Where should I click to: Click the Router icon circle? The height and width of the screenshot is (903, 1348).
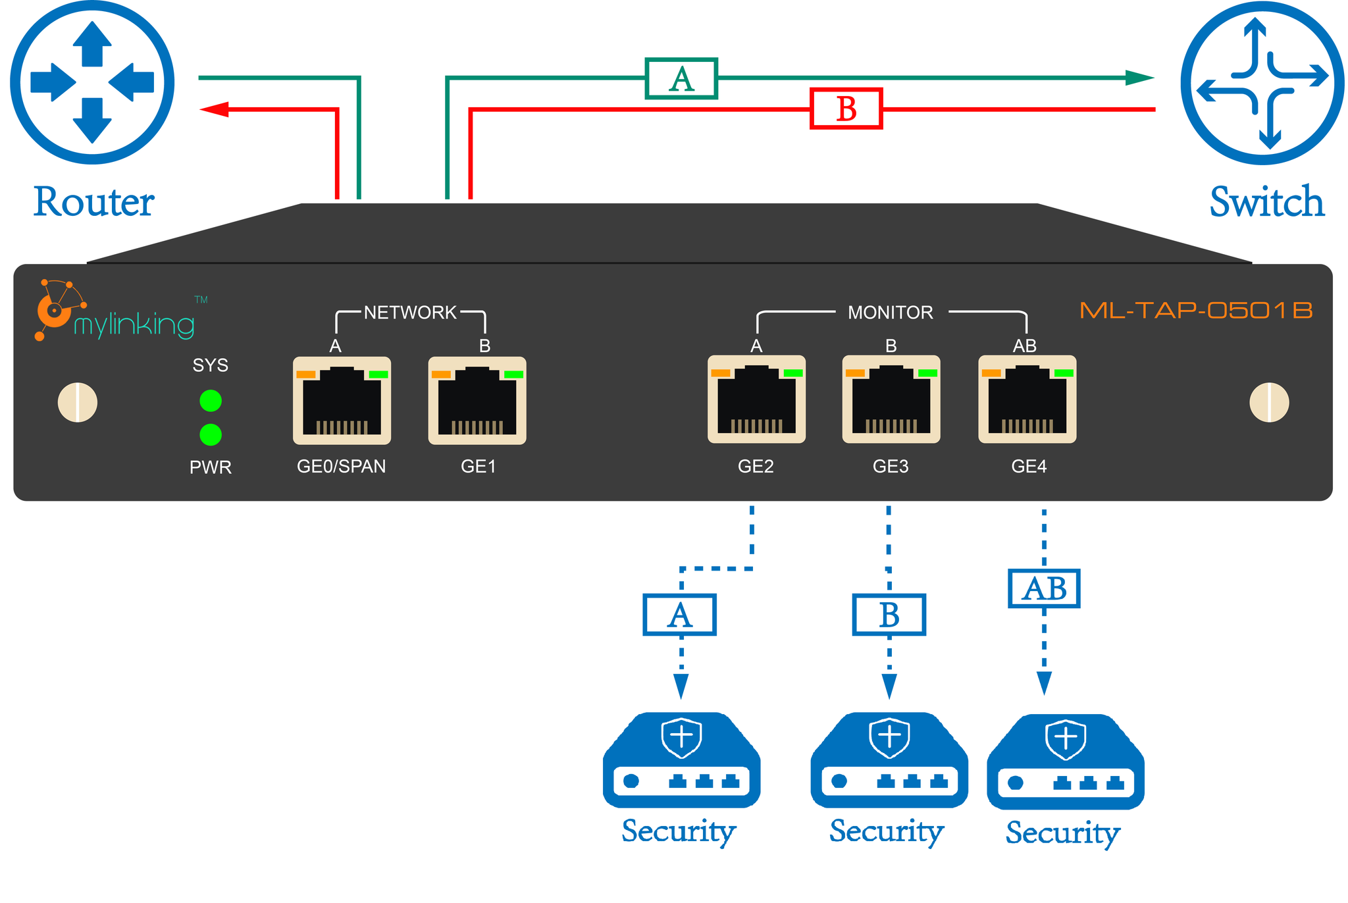92,82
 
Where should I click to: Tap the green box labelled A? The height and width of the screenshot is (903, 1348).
681,79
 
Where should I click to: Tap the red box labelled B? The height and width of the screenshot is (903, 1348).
846,109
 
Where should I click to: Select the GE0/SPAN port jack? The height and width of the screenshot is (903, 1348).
342,401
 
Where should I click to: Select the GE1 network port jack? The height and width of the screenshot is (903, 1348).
477,401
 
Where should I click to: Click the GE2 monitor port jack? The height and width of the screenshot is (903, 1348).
756,400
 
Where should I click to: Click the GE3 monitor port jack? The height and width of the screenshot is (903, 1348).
891,400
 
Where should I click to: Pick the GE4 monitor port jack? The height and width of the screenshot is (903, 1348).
1027,400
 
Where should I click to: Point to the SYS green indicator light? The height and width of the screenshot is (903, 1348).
211,400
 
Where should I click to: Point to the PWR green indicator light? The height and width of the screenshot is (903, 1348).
211,434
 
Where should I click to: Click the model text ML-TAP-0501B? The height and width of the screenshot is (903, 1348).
1196,311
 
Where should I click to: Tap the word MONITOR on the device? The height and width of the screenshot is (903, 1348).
890,313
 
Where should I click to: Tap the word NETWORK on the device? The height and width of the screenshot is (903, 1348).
410,313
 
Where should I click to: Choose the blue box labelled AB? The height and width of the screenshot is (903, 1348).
1044,588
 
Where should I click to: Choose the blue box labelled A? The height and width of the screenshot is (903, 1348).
679,615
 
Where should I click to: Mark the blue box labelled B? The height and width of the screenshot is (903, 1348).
889,615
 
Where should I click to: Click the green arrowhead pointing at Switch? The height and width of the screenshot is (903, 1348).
1139,78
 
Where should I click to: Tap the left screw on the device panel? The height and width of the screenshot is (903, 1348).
78,402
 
